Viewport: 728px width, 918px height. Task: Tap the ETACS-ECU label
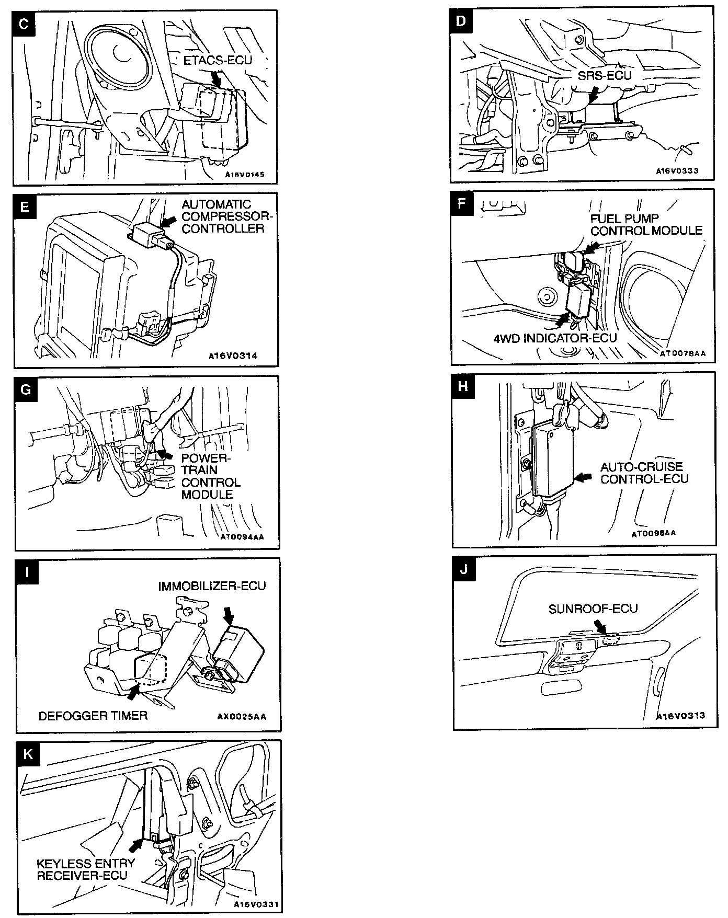(x=218, y=60)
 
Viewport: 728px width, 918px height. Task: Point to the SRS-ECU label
(x=605, y=75)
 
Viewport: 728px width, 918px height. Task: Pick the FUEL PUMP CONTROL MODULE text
(x=646, y=225)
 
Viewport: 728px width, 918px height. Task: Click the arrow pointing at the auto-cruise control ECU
(x=584, y=477)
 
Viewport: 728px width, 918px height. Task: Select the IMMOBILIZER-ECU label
(x=212, y=586)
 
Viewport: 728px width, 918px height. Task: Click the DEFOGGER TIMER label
(x=93, y=716)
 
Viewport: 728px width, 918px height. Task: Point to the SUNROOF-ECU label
(x=593, y=609)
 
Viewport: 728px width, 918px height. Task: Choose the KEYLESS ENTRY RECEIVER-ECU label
(x=86, y=869)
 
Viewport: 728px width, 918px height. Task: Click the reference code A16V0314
(x=233, y=356)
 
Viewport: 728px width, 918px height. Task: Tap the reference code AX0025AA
(x=241, y=717)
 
